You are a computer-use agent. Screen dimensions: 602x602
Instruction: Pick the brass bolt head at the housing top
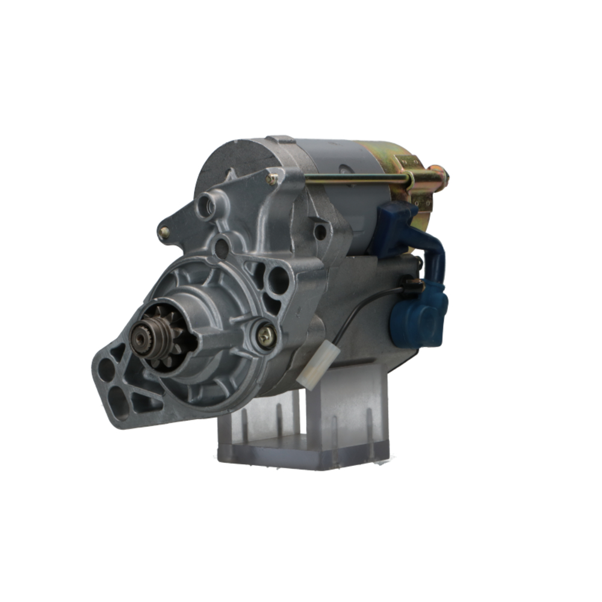[273, 178]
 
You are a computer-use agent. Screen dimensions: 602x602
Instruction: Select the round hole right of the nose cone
[278, 280]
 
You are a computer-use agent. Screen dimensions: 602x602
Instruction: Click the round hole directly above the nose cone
[222, 246]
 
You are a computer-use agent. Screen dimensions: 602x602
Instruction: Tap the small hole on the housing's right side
[320, 231]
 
